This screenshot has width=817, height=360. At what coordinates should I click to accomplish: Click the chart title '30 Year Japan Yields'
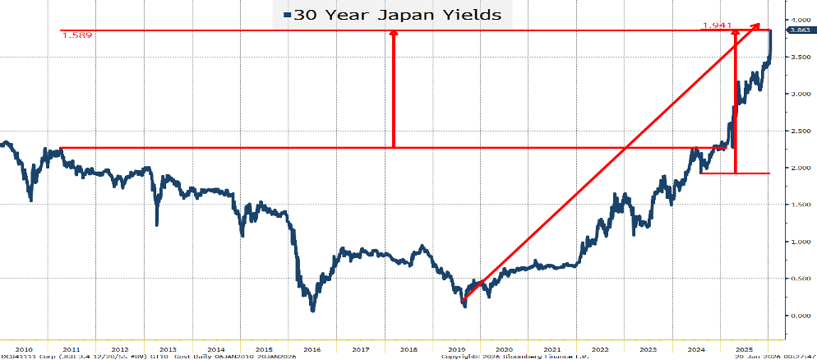pos(398,15)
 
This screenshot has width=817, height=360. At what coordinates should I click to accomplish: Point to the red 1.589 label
pos(76,38)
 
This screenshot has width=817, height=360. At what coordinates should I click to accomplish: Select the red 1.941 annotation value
pos(717,25)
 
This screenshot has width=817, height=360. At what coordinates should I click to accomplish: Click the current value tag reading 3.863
pos(799,30)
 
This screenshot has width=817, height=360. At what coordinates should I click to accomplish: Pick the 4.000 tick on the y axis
pos(800,19)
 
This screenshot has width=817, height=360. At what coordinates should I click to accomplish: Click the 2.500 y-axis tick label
pos(800,131)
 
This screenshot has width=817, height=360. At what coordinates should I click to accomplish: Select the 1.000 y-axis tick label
pos(800,242)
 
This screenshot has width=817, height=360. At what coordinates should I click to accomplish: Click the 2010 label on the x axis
pos(25,348)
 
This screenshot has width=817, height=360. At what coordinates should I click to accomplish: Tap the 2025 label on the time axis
pos(745,348)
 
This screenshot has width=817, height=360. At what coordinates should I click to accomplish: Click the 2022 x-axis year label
pos(601,348)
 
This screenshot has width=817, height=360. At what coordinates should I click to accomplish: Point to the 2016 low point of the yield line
pos(313,309)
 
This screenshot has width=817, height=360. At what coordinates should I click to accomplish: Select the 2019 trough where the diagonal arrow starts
pos(464,304)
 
